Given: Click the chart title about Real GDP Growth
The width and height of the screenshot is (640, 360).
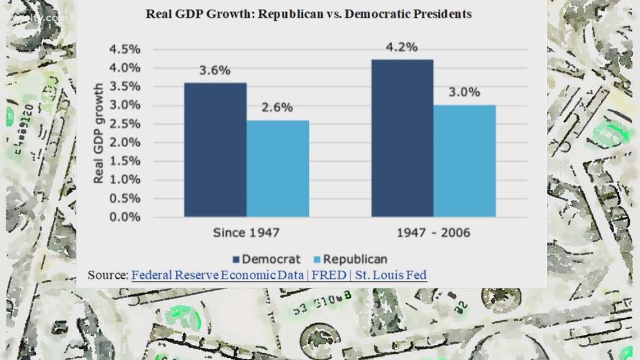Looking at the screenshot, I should point(308,14).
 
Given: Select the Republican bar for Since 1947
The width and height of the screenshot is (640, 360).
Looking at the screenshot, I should point(277,168).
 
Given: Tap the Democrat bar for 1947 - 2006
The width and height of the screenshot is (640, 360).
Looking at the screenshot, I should point(402,138).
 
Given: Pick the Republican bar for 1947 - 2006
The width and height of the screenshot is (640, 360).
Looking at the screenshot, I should point(464,161).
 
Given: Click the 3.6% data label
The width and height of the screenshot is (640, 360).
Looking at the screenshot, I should point(215,71).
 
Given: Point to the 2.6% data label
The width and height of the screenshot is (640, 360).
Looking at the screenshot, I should point(277,108).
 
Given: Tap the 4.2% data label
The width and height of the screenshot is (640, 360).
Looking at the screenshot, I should point(402,48).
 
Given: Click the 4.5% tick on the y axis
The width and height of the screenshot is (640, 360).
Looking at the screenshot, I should point(124,49).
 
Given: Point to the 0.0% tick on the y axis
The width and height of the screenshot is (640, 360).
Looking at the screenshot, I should point(124,217).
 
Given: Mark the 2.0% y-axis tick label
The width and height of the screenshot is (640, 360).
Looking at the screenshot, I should point(124,143).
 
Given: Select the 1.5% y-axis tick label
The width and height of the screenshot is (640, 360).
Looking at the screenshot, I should point(124,161).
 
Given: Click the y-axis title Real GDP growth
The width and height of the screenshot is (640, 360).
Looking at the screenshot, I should point(98,133).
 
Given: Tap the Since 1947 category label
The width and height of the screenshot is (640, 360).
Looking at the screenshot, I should point(246,232).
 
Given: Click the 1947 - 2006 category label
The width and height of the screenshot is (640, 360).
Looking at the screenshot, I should point(433,232).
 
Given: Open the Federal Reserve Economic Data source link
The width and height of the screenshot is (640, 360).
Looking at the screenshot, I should point(279,275).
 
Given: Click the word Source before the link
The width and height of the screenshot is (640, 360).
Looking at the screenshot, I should point(107,275).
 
